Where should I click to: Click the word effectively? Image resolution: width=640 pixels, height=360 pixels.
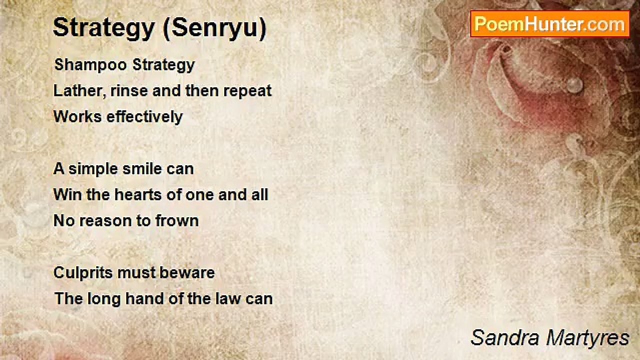pos(144,117)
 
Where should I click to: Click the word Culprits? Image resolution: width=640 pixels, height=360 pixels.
pos(83,273)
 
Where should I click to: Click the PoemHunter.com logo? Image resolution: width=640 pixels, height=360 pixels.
pos(550,24)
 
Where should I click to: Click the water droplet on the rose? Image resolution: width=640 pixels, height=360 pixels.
pos(575,85)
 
